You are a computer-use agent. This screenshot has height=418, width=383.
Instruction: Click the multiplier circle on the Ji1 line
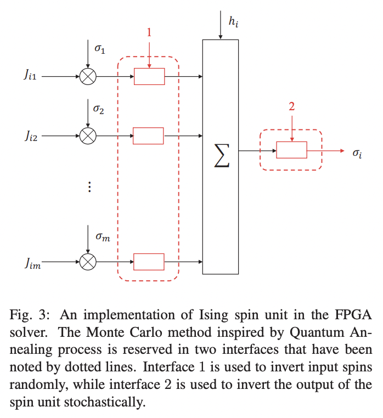click(88, 77)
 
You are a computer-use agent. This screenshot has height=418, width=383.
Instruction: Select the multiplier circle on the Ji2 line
click(88, 135)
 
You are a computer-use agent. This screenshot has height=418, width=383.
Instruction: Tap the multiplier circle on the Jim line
click(88, 262)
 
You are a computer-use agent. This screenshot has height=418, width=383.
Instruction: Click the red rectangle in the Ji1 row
click(149, 77)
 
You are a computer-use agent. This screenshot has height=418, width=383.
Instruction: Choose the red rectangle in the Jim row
click(149, 262)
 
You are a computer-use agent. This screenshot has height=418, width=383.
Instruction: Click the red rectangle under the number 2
click(291, 150)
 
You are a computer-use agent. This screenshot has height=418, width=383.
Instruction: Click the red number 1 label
click(148, 33)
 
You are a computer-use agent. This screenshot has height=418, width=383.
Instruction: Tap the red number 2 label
click(291, 106)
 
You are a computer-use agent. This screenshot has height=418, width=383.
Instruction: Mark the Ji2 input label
click(30, 135)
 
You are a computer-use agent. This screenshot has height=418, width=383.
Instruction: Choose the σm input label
click(103, 236)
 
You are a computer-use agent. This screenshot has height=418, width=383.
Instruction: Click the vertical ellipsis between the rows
click(88, 187)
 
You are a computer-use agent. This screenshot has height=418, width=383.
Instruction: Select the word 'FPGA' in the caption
click(352, 315)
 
